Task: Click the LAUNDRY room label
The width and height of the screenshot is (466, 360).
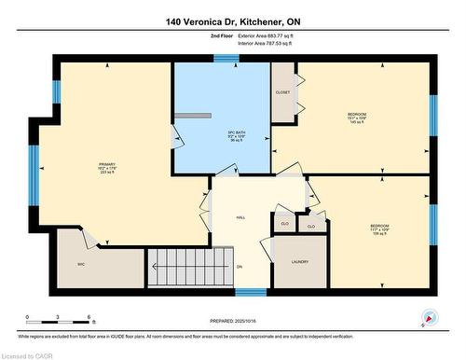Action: point(300,262)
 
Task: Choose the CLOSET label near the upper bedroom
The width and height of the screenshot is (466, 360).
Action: point(283,92)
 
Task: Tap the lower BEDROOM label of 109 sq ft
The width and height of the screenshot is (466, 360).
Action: point(379,227)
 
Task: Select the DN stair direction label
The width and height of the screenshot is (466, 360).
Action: point(240,268)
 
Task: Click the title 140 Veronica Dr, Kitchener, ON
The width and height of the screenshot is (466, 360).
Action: point(233,21)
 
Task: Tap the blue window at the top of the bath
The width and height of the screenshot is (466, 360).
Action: point(225,59)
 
